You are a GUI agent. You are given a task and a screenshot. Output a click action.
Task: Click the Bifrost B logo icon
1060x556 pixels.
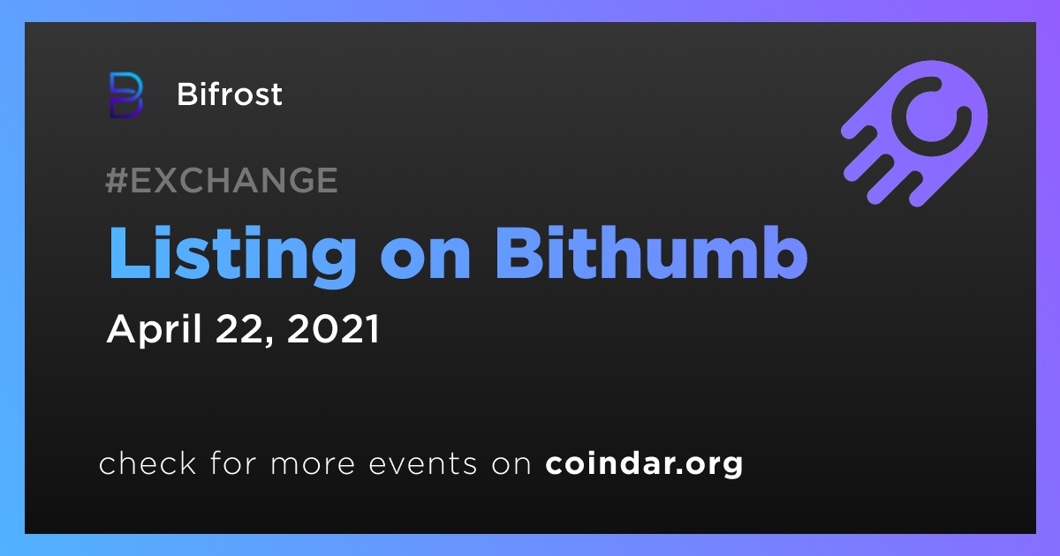125,95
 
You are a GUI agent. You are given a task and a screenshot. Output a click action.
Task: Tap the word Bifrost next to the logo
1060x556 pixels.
230,94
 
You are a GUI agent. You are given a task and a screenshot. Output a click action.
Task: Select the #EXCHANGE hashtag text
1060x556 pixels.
222,180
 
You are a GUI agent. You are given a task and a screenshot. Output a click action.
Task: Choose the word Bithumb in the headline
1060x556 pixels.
651,252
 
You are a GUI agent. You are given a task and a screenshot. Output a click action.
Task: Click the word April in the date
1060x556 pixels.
155,330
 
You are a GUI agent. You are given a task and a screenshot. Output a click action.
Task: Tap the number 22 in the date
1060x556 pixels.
239,328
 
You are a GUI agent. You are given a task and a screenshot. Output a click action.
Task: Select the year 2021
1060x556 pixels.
333,328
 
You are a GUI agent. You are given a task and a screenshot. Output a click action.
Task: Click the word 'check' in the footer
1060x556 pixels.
148,462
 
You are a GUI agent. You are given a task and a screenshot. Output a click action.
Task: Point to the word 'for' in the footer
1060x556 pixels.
234,462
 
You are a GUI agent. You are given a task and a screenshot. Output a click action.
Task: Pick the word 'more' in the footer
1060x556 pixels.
313,465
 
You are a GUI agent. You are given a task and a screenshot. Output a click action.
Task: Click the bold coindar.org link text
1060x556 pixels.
645,464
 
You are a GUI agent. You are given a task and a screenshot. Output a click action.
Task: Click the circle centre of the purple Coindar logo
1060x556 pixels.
931,116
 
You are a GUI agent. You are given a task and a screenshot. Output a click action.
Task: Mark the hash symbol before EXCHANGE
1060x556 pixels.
116,180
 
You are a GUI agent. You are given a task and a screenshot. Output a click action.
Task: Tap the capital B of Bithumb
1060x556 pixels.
519,252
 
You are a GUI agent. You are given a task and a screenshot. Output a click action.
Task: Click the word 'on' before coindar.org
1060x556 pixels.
511,465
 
